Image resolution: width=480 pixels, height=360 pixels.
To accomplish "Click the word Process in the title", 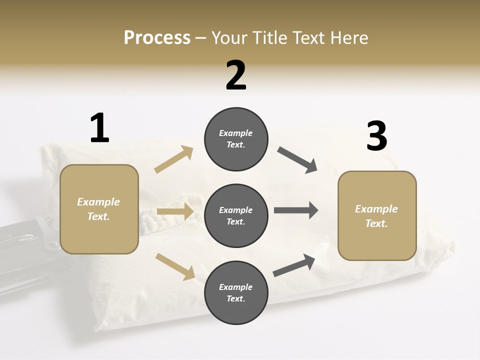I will (x=157, y=38).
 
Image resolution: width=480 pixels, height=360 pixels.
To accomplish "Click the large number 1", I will (x=99, y=128).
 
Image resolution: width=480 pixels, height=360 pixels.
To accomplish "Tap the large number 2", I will (x=236, y=75).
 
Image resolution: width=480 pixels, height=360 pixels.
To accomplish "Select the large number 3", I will (x=376, y=136).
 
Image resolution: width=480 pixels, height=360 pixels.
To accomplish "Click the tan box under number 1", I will (x=99, y=209).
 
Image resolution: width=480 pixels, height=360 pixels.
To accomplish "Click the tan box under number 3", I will (x=377, y=215).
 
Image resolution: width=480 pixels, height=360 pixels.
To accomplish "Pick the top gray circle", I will (x=236, y=139).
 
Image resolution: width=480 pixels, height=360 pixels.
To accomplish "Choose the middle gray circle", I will (x=236, y=215).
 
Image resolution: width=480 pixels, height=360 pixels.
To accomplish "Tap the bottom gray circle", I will (x=236, y=292).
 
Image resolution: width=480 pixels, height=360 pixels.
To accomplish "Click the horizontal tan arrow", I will (x=175, y=211).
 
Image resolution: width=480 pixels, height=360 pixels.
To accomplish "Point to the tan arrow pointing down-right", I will (x=175, y=266).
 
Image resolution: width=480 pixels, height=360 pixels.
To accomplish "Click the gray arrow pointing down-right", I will (x=297, y=160).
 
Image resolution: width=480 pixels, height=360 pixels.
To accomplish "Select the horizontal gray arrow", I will (x=296, y=210).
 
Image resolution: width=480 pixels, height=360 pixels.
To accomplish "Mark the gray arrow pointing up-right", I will (x=294, y=265).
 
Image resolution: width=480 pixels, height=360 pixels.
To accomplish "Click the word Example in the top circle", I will (x=236, y=133).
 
